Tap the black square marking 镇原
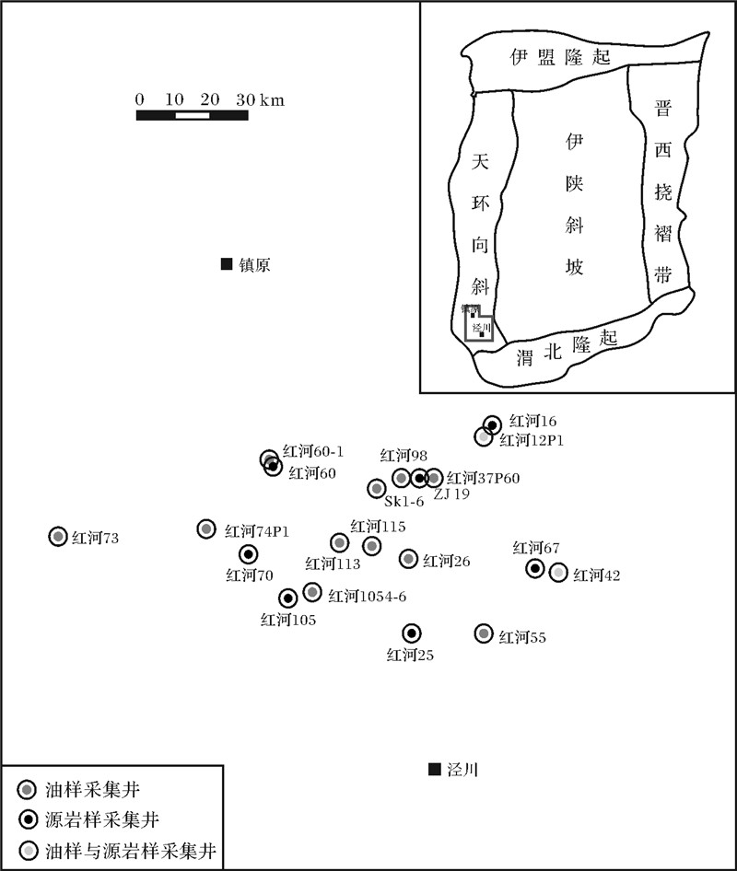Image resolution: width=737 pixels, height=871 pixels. coord(227,264)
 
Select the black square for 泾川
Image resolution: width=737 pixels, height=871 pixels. coord(434,770)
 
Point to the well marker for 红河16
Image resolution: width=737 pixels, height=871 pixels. coord(493,424)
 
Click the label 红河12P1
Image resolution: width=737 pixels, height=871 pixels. coord(532,440)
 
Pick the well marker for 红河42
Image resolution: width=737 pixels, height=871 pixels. coord(558,573)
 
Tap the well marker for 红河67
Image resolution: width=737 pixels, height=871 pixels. coord(535,568)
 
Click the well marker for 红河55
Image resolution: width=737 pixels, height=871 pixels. coord(484,633)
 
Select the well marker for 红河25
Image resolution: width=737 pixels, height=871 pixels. coord(411,633)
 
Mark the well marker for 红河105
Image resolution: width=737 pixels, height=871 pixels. coord(288,598)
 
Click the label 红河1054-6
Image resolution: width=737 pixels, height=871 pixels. coord(368,596)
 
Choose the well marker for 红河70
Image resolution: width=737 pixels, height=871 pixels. coord(248,554)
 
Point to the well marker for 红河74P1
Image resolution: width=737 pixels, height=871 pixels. coord(206,528)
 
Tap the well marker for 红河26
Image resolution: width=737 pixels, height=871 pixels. coord(408,558)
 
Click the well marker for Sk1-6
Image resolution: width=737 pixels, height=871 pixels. coord(376,488)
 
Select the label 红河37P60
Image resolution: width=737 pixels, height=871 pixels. coord(484,478)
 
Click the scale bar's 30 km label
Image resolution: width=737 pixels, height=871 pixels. coord(259,99)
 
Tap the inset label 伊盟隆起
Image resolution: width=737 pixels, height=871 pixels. coord(560,57)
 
